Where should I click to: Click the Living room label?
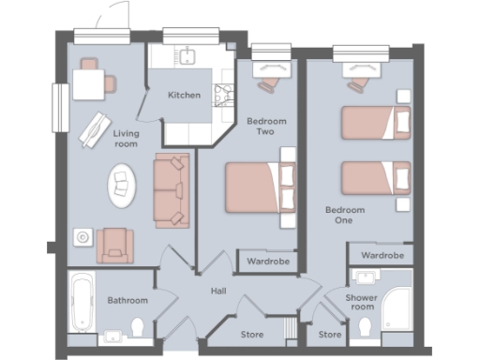[127, 140]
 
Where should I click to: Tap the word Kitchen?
[183, 96]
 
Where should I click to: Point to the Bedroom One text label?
[344, 216]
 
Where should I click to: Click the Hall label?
[218, 292]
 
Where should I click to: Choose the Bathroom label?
[127, 301]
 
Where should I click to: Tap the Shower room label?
[361, 302]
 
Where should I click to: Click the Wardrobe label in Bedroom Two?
[268, 262]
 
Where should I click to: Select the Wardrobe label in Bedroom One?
[382, 255]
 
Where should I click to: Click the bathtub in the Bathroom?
[81, 302]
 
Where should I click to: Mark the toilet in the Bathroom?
[138, 328]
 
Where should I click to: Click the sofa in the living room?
[171, 191]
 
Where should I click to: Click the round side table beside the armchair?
[83, 237]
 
